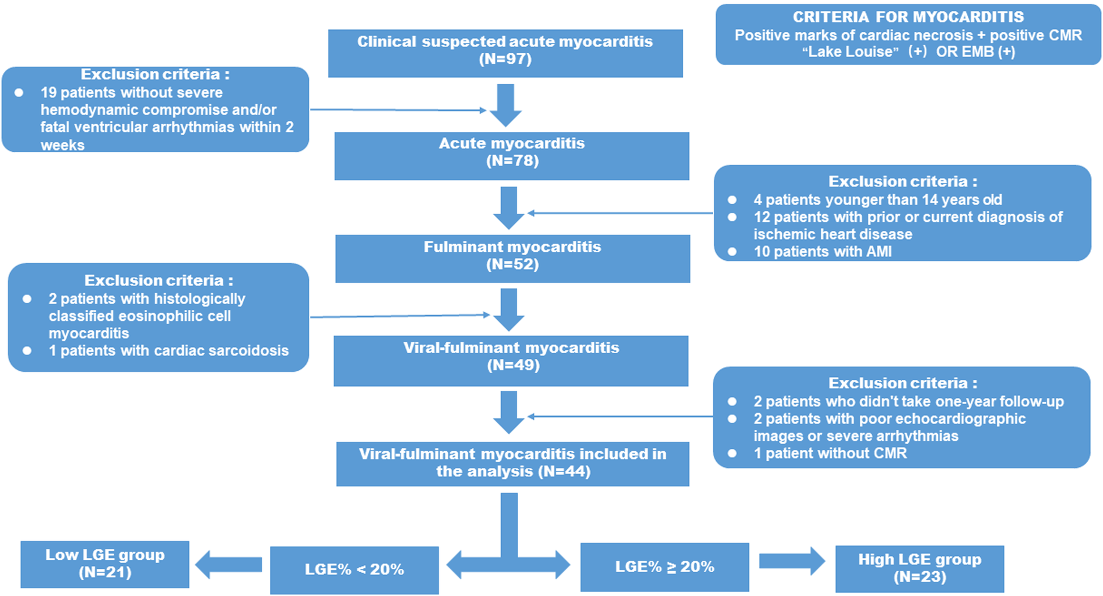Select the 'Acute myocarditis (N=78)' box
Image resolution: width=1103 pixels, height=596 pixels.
coord(511,155)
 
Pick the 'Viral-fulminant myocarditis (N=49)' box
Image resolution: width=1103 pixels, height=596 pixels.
coord(511,360)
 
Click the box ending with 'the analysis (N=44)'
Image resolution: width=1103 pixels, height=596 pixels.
coord(512,463)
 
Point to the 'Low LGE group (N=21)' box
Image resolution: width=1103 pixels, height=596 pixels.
coord(105,564)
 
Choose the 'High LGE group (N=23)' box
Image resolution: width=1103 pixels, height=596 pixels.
coord(919,568)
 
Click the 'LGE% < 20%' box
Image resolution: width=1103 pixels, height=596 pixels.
coord(354,569)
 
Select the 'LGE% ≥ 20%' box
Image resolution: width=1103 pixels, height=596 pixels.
coord(665,567)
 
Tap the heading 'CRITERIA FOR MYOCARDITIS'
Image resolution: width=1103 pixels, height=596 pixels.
coord(908,17)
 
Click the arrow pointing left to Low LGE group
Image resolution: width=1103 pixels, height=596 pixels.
coord(229,564)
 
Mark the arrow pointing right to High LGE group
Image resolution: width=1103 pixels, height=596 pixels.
coord(792,561)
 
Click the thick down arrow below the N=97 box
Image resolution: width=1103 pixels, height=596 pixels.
coord(505,105)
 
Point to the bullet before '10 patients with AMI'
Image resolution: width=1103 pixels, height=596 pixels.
coord(732,252)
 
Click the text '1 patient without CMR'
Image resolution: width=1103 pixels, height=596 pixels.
coord(830,453)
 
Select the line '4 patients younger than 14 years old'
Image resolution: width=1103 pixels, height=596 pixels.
coord(877,200)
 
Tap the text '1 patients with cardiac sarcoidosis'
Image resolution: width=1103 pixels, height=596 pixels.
coord(169,351)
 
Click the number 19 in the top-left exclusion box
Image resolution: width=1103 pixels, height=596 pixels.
coord(49,93)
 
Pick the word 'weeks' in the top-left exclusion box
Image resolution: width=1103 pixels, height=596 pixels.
coord(62,145)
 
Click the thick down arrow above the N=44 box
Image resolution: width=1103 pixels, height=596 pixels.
coord(509,412)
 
